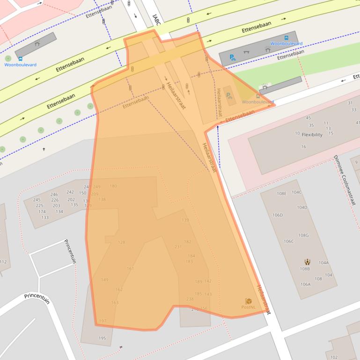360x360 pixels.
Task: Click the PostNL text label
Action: [x=248, y=307]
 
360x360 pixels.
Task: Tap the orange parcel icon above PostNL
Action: [x=248, y=301]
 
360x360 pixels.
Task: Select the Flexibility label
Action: [x=312, y=135]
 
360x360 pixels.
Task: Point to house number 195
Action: [x=102, y=338]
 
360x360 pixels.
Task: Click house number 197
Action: [x=103, y=321]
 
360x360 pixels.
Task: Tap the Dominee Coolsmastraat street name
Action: [x=345, y=180]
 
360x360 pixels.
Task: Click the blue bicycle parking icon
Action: [x=232, y=58]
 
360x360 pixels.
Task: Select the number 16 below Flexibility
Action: [x=303, y=147]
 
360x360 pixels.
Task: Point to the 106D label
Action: [x=278, y=215]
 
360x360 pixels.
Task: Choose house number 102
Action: [x=334, y=357]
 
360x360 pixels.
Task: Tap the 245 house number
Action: [x=37, y=200]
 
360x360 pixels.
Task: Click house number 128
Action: [x=121, y=242]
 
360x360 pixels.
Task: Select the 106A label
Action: [x=305, y=284]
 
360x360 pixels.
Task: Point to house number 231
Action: [x=178, y=246]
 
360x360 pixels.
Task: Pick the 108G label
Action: [x=304, y=235]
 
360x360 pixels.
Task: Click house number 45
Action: [x=308, y=118]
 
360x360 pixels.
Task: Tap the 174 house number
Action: [x=42, y=212]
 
